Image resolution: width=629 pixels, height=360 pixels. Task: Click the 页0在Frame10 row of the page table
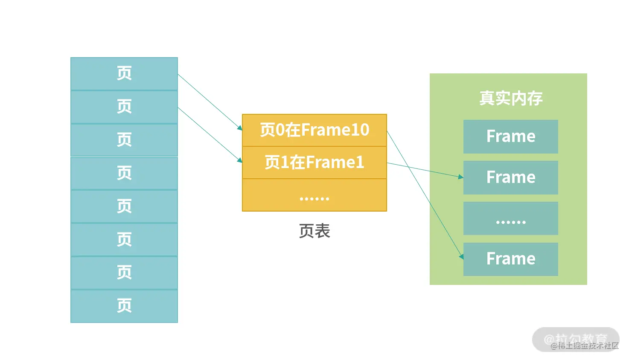(314, 130)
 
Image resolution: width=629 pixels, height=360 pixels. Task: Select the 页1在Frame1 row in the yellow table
(314, 163)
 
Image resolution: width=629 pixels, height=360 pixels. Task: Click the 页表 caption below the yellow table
(314, 231)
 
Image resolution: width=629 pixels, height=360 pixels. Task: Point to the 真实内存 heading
(511, 98)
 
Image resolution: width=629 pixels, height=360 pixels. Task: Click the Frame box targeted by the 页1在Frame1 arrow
(511, 177)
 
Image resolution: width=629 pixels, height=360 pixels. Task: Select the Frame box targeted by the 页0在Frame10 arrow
(511, 259)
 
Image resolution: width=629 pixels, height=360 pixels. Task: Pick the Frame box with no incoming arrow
(511, 136)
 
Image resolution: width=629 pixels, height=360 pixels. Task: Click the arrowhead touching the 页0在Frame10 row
(240, 128)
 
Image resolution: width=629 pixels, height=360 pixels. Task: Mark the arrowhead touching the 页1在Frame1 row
(240, 160)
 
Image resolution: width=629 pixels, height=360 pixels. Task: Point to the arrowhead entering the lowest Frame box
(461, 257)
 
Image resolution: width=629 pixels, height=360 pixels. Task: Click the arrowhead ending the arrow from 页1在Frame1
(461, 177)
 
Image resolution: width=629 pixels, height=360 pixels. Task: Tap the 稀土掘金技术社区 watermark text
(585, 346)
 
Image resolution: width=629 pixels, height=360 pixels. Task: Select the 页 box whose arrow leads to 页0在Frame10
(124, 74)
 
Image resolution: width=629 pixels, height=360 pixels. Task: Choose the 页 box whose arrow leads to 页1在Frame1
(124, 107)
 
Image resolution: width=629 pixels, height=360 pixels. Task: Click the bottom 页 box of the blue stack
(124, 306)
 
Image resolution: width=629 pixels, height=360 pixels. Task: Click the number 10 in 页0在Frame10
(361, 130)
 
